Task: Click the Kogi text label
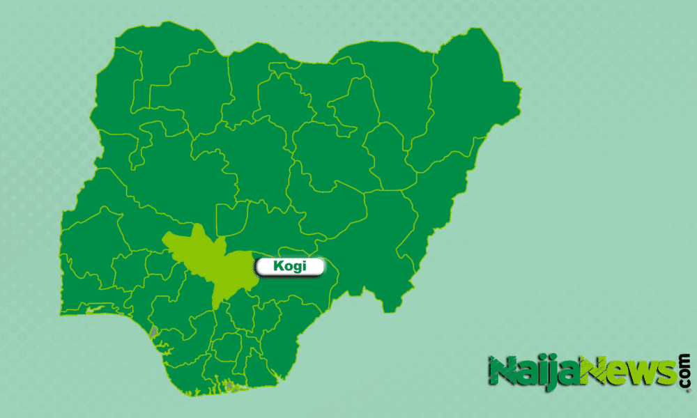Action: click(x=289, y=267)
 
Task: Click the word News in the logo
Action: click(x=627, y=371)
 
